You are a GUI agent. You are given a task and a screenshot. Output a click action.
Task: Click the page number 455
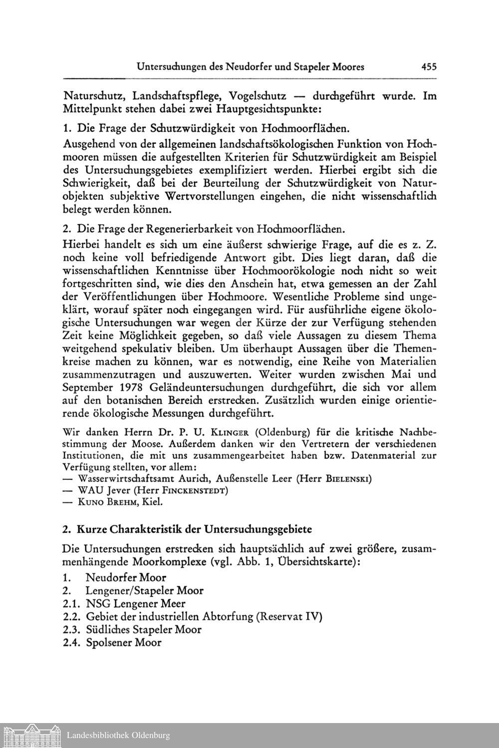click(429, 66)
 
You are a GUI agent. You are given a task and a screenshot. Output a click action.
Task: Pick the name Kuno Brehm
click(107, 502)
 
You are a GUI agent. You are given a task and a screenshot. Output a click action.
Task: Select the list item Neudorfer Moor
click(126, 578)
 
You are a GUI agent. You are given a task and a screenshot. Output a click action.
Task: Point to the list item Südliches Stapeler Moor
click(144, 630)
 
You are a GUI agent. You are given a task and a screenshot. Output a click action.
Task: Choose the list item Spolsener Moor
click(124, 643)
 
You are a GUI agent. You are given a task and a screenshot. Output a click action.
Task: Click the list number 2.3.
click(72, 630)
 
